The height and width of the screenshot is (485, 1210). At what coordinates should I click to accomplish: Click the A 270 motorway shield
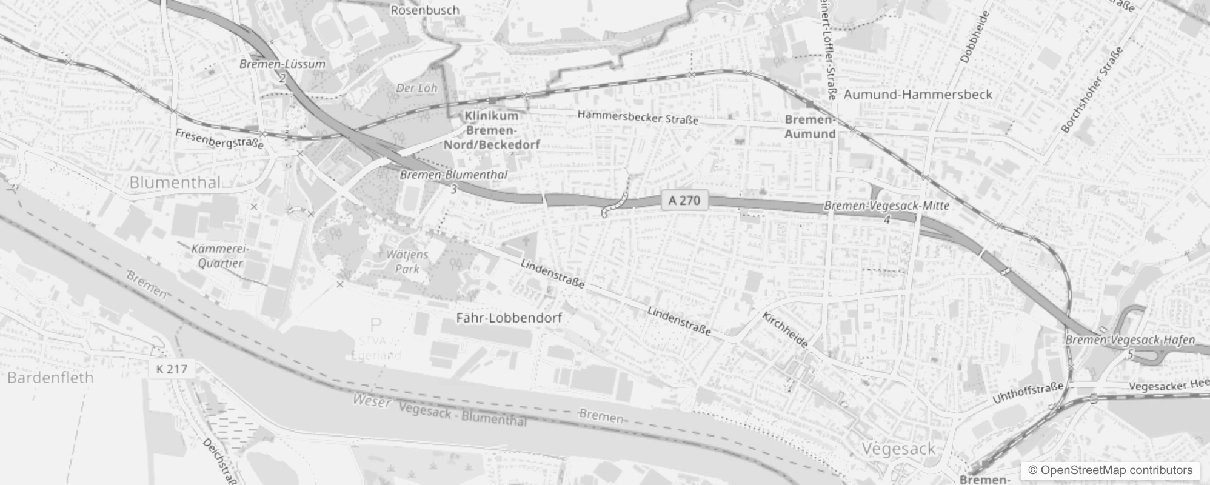tap(684, 201)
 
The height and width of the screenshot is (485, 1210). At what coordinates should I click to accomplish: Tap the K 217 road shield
tap(172, 369)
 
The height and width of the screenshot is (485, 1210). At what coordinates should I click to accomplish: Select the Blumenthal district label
tap(175, 182)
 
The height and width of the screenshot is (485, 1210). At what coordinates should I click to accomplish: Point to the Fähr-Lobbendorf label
tap(509, 318)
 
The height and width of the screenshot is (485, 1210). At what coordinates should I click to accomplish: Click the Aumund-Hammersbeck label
tap(918, 95)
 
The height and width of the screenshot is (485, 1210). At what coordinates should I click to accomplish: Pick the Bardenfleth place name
tap(51, 378)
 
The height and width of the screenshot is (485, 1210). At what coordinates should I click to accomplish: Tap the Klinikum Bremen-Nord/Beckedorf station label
tap(492, 130)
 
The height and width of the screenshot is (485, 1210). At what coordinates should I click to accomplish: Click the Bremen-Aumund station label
tap(810, 127)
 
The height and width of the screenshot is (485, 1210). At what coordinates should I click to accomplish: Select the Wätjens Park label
tap(407, 261)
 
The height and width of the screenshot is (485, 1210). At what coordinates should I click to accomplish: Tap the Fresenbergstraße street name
tap(219, 139)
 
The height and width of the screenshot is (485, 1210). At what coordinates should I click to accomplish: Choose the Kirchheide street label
tap(785, 330)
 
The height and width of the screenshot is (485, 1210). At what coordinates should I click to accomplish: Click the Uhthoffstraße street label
tap(1028, 393)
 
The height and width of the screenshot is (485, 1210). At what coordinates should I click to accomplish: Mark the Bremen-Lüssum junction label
tap(282, 64)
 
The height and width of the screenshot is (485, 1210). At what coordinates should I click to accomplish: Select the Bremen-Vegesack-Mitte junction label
tap(886, 206)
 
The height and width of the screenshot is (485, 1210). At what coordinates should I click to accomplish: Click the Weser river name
tap(371, 400)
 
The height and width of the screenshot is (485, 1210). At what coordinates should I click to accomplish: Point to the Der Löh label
tap(416, 88)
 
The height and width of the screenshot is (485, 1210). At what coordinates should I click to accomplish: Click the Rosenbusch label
tap(425, 10)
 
